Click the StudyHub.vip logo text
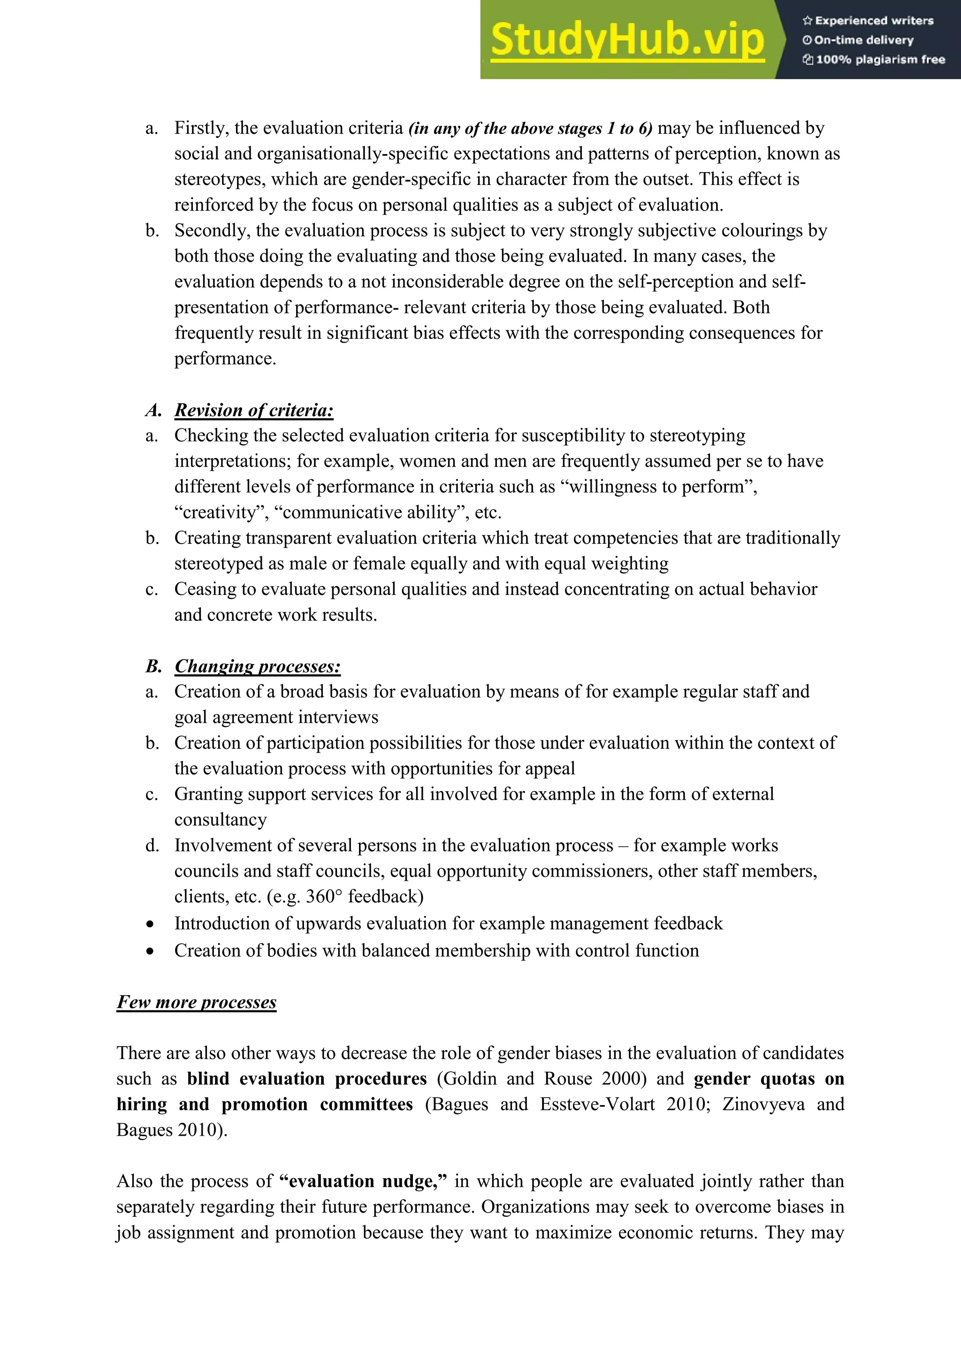coord(627,40)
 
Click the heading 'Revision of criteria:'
coord(254,410)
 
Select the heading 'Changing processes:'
coord(258,666)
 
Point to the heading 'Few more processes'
coord(197,1001)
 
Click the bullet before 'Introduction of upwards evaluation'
coord(151,924)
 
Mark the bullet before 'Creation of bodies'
coord(151,951)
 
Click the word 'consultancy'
coord(220,820)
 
